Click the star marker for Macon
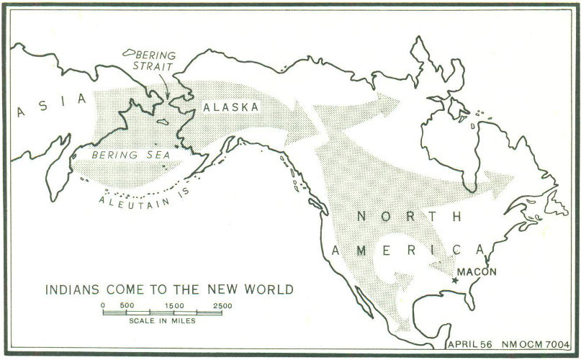pyautogui.click(x=454, y=279)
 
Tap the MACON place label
pyautogui.click(x=477, y=272)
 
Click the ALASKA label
pyautogui.click(x=230, y=107)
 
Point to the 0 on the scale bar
pyautogui.click(x=104, y=305)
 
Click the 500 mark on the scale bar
pyautogui.click(x=127, y=305)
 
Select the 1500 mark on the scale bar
pyautogui.click(x=174, y=305)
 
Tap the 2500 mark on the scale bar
pyautogui.click(x=222, y=305)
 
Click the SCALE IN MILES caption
pyautogui.click(x=163, y=320)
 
